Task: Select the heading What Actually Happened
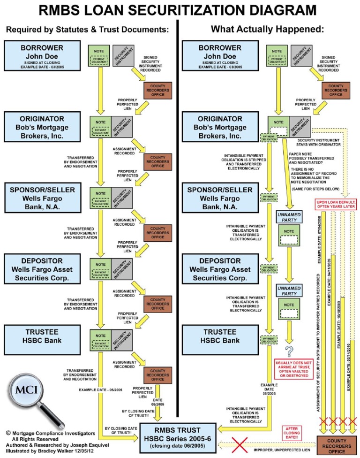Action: [267, 29]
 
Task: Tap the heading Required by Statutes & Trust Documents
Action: [87, 29]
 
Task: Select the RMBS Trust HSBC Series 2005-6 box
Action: [179, 438]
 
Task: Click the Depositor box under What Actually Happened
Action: [220, 269]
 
